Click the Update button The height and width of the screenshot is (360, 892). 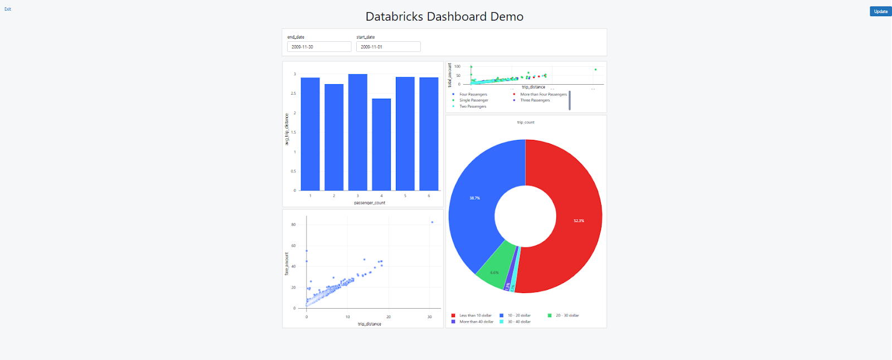880,11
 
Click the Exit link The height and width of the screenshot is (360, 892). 8,9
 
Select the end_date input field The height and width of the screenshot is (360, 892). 319,47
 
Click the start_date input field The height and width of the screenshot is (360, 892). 388,47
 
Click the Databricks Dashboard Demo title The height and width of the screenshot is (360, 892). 444,17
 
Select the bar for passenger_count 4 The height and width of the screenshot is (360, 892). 381,145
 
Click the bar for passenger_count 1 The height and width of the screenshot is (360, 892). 310,134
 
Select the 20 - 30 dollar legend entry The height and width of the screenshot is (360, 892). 567,315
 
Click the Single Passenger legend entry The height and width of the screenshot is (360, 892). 473,100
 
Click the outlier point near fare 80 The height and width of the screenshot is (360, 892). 432,222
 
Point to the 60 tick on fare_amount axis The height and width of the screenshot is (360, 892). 294,246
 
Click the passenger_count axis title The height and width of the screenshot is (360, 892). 370,203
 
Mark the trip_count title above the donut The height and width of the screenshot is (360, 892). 526,123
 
